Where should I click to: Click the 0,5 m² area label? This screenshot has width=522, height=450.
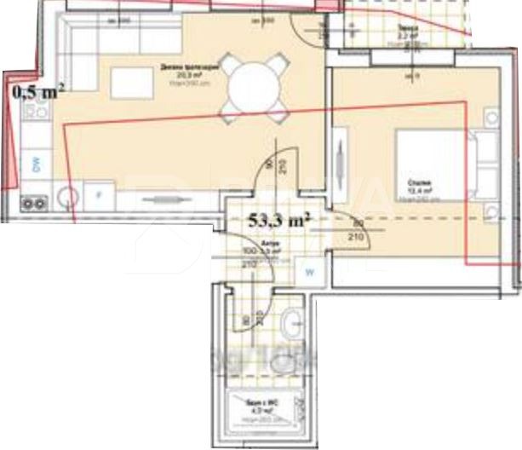click(x=39, y=90)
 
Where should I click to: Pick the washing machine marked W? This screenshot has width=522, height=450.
click(x=311, y=273)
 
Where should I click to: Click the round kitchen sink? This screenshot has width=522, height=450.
click(x=68, y=199)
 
